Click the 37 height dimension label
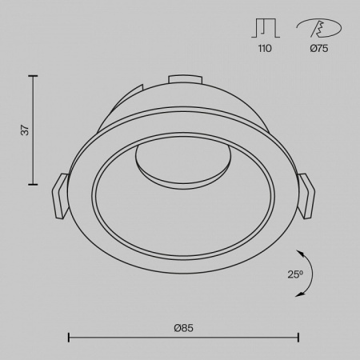tap(26, 130)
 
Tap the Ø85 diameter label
tap(183, 328)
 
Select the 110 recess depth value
tap(265, 49)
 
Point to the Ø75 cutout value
tap(319, 49)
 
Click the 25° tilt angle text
tap(295, 274)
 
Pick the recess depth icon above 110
tap(266, 28)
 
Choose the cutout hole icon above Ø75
tap(319, 28)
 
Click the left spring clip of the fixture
tap(61, 196)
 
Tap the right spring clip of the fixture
tap(306, 196)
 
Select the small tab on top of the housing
tap(185, 79)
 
